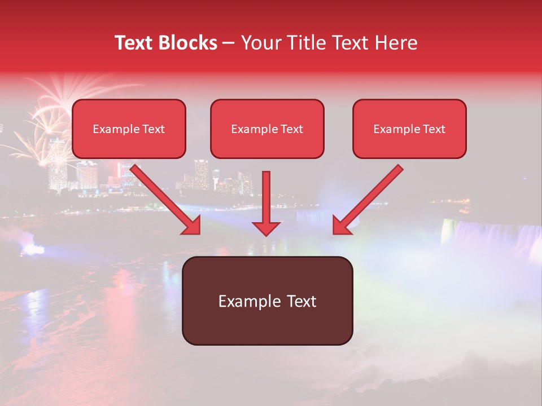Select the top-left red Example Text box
(129, 129)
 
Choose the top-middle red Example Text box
(267, 129)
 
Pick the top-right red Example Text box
(409, 129)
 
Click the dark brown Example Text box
(267, 301)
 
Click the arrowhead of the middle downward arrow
(266, 228)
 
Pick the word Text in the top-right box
(434, 129)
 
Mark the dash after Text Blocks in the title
(229, 43)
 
